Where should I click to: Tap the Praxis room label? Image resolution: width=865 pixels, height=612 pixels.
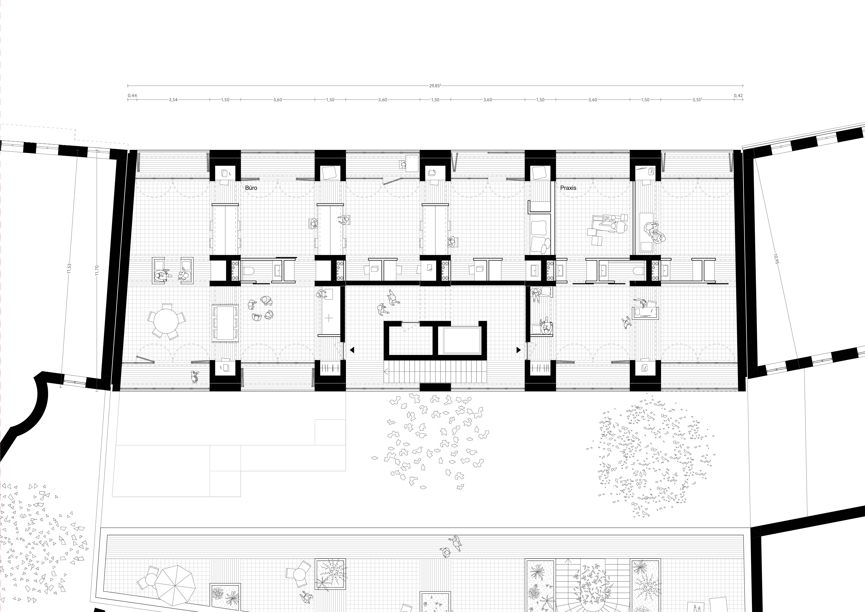pos(568,188)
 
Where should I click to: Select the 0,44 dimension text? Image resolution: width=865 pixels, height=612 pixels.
pos(132,96)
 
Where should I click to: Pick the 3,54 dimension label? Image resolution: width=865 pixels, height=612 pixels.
pos(173,100)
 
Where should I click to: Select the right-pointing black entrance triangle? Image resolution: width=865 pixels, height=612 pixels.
pos(518,350)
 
